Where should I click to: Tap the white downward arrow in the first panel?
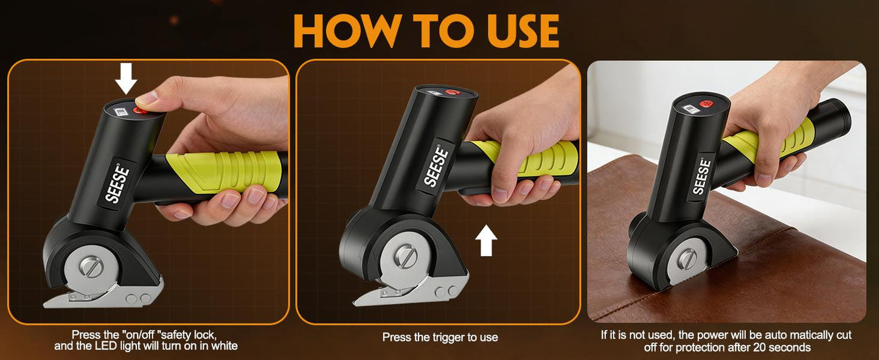(126, 80)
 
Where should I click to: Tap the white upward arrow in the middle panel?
(486, 240)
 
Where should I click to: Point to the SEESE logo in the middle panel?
(436, 167)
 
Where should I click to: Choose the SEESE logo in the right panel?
(702, 176)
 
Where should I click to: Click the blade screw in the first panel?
(91, 267)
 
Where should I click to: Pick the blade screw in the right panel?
(688, 259)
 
